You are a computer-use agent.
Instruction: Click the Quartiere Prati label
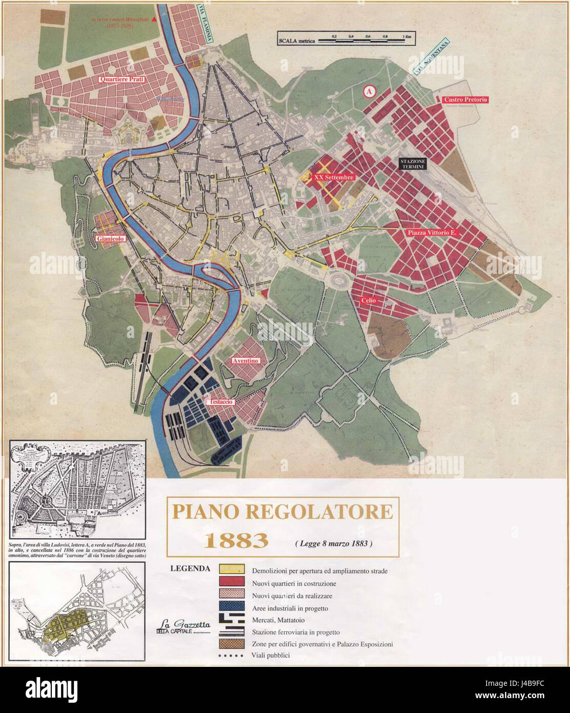pyautogui.click(x=122, y=80)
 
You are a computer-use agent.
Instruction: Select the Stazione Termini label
pyautogui.click(x=414, y=164)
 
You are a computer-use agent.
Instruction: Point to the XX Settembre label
pyautogui.click(x=334, y=177)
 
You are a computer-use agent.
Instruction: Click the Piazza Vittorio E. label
pyautogui.click(x=432, y=232)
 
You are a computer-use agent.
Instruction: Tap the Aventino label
pyautogui.click(x=246, y=361)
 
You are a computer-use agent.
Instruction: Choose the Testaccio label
pyautogui.click(x=220, y=402)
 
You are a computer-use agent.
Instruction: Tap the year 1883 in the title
pyautogui.click(x=236, y=540)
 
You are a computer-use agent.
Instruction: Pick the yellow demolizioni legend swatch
pyautogui.click(x=230, y=570)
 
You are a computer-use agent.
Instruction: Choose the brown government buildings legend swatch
pyautogui.click(x=230, y=643)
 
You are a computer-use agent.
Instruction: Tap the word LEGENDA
pyautogui.click(x=190, y=568)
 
